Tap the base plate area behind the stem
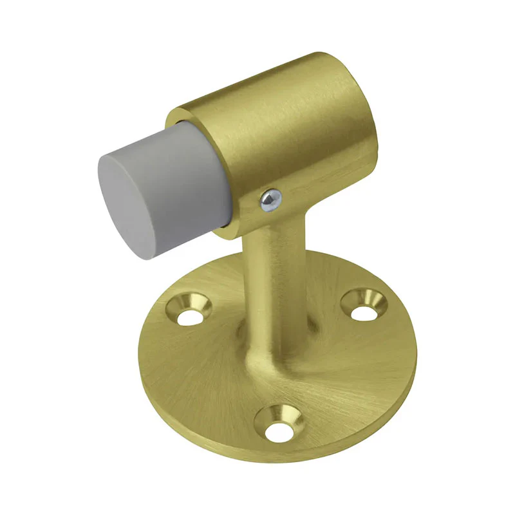(x=322, y=270)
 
